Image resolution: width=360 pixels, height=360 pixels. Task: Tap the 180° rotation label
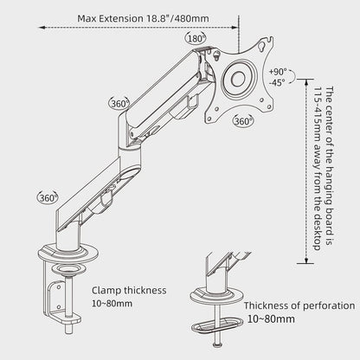196,38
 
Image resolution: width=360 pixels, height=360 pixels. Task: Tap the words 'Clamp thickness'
129,290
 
